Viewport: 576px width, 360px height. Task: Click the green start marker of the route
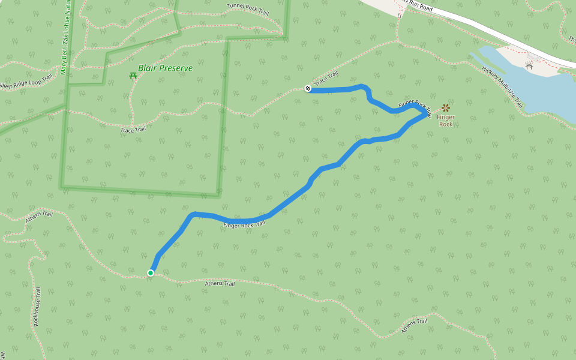pyautogui.click(x=151, y=273)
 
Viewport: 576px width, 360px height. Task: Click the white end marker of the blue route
pyautogui.click(x=308, y=88)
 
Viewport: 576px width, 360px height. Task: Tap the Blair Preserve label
pyautogui.click(x=165, y=68)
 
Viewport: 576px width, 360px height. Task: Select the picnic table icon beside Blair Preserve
pyautogui.click(x=133, y=75)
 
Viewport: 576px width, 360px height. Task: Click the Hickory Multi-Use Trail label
pyautogui.click(x=503, y=88)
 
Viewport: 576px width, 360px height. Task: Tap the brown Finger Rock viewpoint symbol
pyautogui.click(x=446, y=108)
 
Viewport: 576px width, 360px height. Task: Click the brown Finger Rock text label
pyautogui.click(x=446, y=121)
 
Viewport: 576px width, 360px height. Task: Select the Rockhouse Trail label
pyautogui.click(x=37, y=307)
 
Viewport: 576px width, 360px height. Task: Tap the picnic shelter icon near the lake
pyautogui.click(x=529, y=65)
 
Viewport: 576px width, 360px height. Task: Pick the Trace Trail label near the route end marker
pyautogui.click(x=327, y=77)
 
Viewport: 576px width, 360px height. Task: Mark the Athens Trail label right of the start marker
pyautogui.click(x=220, y=283)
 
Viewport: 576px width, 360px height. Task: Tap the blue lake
pyautogui.click(x=540, y=90)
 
